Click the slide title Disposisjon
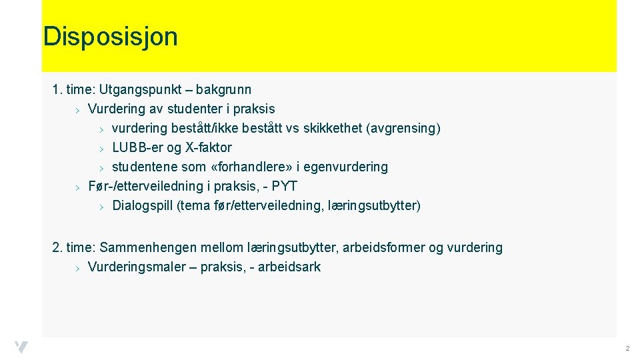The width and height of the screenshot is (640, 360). point(111,37)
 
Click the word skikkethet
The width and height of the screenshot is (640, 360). point(333,128)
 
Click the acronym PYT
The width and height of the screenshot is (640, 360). point(285,186)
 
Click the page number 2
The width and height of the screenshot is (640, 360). point(627,349)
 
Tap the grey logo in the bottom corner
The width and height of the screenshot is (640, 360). point(21,347)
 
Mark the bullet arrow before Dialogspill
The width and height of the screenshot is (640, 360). point(102,206)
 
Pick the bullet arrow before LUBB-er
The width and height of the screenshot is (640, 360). point(102,148)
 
